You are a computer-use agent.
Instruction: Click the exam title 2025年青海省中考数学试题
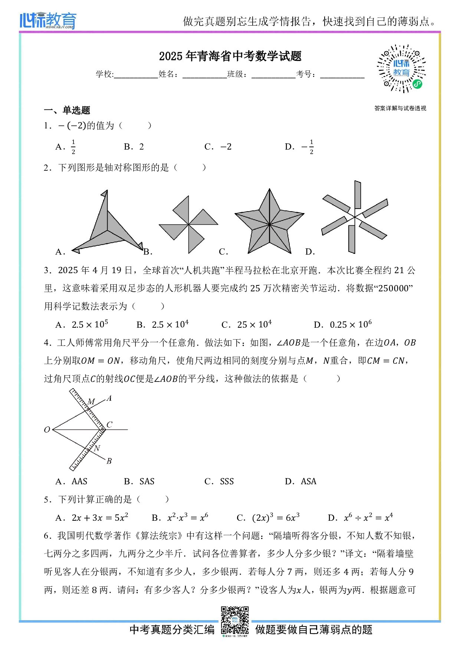pos(230,56)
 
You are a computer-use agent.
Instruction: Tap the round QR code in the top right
pos(401,69)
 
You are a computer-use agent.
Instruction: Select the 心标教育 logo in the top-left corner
pos(48,20)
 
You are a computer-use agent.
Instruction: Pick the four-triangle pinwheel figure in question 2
pos(188,225)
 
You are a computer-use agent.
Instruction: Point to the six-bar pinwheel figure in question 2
pos(355,217)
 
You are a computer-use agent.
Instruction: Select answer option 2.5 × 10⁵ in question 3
pos(89,324)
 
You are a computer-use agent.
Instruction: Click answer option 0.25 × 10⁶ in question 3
pos(351,324)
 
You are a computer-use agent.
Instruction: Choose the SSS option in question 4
pos(227,481)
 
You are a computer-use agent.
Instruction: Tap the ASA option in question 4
pos(308,481)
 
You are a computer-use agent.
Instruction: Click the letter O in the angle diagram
pos(47,430)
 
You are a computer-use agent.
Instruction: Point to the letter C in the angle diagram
pos(109,424)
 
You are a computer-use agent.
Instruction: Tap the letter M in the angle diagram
pos(91,402)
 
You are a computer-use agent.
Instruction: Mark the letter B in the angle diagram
pos(109,461)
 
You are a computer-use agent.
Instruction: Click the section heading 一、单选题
pos(67,110)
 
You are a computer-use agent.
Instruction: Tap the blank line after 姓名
pos(204,75)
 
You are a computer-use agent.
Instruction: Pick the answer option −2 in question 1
pos(226,147)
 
